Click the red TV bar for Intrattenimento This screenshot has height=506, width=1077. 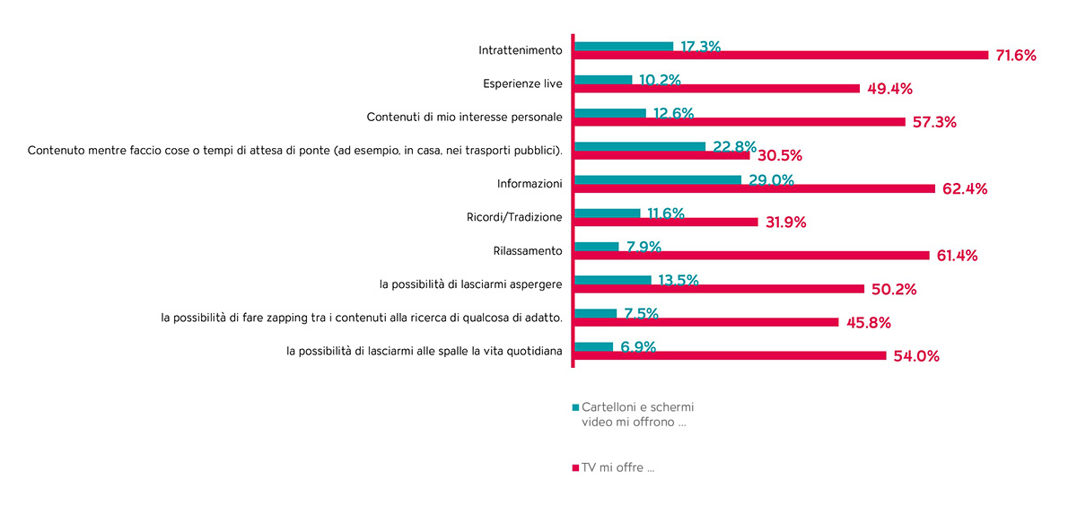(x=781, y=56)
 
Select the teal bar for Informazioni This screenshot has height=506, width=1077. (x=658, y=179)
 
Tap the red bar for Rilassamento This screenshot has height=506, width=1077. (x=752, y=256)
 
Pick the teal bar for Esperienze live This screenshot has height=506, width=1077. (x=603, y=79)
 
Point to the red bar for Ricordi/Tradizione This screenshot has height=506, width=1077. (x=666, y=222)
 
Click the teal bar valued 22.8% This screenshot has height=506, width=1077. (x=640, y=146)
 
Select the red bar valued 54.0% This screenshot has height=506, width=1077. (x=731, y=356)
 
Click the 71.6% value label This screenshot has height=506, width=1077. (x=1016, y=56)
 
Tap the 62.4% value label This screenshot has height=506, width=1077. (x=965, y=189)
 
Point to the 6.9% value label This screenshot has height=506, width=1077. (x=638, y=347)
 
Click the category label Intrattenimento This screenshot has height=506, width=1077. (x=521, y=50)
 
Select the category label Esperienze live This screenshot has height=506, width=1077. (x=522, y=83)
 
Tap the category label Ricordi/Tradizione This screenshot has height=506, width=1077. (x=514, y=217)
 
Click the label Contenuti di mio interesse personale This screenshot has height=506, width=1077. (x=465, y=118)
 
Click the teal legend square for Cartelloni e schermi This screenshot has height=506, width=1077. (x=575, y=407)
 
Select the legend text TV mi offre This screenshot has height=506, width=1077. (x=618, y=467)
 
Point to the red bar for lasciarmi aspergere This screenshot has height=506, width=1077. (x=719, y=289)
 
